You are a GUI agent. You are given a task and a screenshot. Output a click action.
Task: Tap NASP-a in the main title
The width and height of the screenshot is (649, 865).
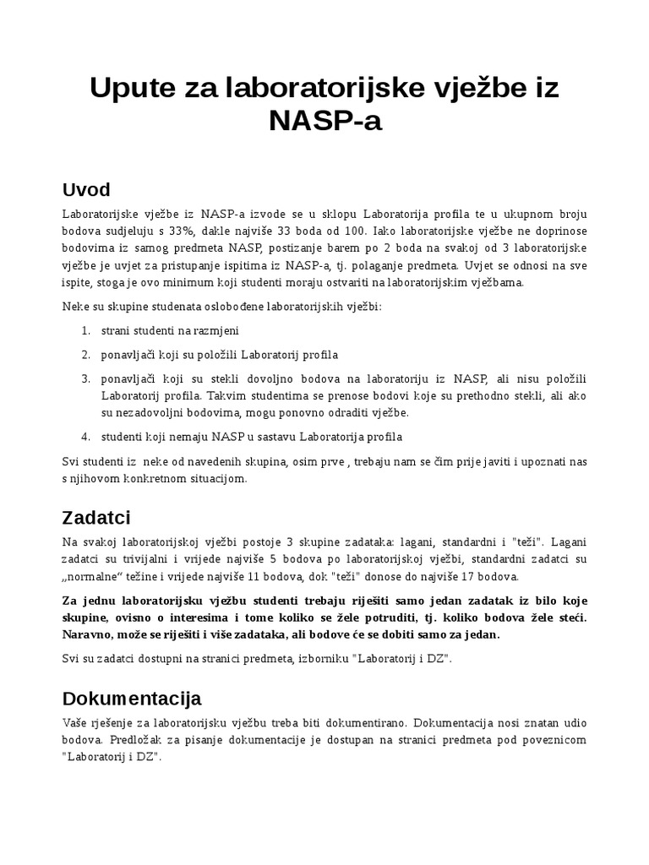pos(325,121)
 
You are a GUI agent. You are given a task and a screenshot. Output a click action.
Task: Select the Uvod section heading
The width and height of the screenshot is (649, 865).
pos(86,188)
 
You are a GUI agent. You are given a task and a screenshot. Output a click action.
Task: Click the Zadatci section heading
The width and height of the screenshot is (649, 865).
pos(96,516)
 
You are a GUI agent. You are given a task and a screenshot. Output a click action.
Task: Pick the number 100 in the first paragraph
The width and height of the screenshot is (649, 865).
pos(353,231)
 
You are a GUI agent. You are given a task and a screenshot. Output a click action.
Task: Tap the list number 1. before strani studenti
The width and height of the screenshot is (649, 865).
pos(85,329)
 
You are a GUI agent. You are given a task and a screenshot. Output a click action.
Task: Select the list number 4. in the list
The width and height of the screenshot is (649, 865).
pos(85,437)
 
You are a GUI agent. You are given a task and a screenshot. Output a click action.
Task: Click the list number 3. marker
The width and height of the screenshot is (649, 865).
pos(85,378)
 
